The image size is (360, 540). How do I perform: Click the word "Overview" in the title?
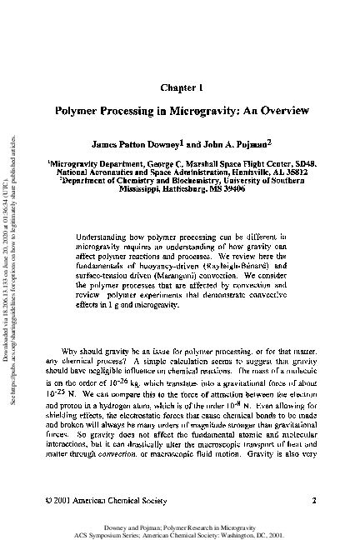pos(283,109)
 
